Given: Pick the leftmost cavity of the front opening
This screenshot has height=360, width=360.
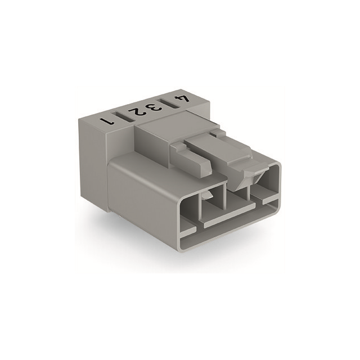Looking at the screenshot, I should pyautogui.click(x=188, y=214).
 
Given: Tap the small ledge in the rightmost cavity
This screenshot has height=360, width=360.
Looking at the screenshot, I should pyautogui.click(x=268, y=199).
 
